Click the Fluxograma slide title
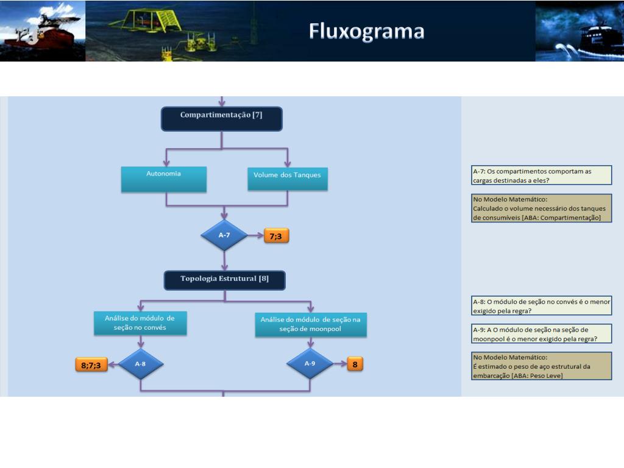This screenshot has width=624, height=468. pyautogui.click(x=366, y=32)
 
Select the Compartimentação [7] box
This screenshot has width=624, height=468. pyautogui.click(x=222, y=119)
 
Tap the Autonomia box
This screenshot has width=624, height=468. pyautogui.click(x=163, y=179)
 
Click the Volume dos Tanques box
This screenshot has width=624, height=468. pyautogui.click(x=288, y=179)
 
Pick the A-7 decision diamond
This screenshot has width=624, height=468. pyautogui.click(x=224, y=235)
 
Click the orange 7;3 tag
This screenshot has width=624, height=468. pyautogui.click(x=276, y=236)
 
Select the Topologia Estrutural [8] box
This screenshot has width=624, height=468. pyautogui.click(x=224, y=280)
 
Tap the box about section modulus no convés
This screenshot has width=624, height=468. pyautogui.click(x=140, y=323)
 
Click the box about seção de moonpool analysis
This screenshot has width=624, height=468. pyautogui.click(x=310, y=324)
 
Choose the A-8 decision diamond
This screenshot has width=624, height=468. pyautogui.click(x=141, y=364)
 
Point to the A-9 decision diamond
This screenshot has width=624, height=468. pyautogui.click(x=310, y=363)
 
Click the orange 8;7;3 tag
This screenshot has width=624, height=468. pyautogui.click(x=91, y=364)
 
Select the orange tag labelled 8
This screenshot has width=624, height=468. pyautogui.click(x=355, y=364)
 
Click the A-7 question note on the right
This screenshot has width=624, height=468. pyautogui.click(x=541, y=175)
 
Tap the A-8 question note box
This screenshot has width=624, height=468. pyautogui.click(x=541, y=306)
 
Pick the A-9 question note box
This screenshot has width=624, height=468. pyautogui.click(x=541, y=333)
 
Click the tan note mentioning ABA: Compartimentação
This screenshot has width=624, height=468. pyautogui.click(x=541, y=208)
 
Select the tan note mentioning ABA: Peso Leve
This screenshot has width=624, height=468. pyautogui.click(x=541, y=366)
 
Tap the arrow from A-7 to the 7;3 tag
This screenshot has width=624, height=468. pyautogui.click(x=255, y=235)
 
